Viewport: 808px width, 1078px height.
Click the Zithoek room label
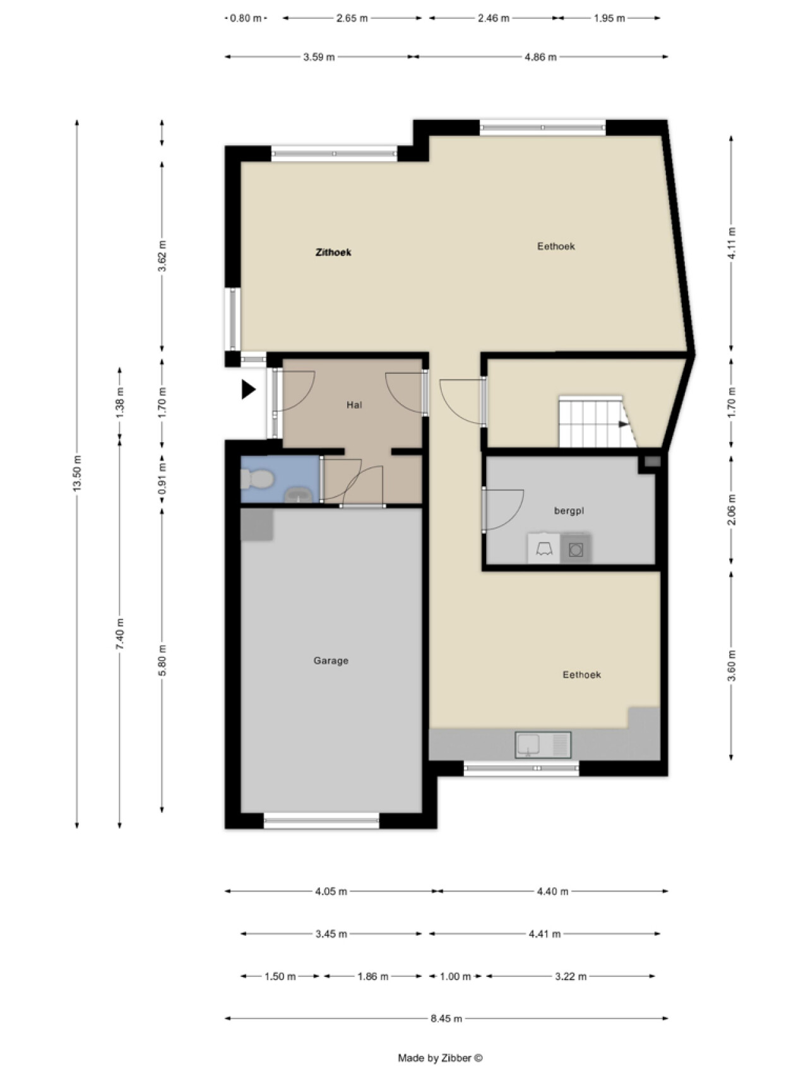(333, 253)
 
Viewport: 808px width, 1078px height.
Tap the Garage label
(331, 661)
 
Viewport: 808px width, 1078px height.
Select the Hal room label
(354, 405)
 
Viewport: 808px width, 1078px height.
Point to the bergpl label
(569, 511)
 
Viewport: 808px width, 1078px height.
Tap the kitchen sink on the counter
(543, 745)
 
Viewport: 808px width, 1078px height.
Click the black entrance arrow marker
(249, 390)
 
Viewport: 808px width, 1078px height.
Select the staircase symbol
(597, 421)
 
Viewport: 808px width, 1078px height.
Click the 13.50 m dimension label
(77, 474)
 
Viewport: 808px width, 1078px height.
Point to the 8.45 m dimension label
(446, 1018)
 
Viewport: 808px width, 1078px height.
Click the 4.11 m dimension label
(732, 243)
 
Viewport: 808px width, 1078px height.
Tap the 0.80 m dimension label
(246, 18)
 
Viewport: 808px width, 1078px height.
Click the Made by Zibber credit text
(440, 1058)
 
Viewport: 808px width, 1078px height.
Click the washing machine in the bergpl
(576, 549)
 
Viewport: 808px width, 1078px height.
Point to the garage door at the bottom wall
(321, 820)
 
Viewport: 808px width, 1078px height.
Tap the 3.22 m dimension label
(571, 976)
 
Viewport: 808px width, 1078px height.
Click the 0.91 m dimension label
(162, 479)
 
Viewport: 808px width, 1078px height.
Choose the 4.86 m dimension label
(541, 57)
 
